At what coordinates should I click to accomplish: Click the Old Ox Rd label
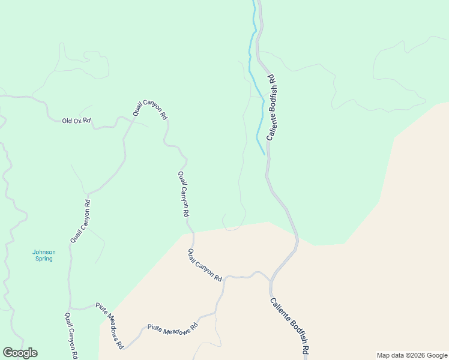coord(76,121)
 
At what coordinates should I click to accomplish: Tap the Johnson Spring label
coord(44,255)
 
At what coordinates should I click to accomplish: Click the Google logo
coord(20,353)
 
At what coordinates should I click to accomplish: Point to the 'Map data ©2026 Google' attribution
coord(412,355)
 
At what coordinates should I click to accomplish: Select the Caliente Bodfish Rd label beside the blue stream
coord(271,108)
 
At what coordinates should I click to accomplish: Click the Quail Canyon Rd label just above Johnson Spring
coord(80,221)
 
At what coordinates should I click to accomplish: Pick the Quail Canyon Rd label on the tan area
coord(205,265)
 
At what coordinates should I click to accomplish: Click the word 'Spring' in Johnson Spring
coord(44,259)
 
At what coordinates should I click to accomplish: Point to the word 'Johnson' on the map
coord(44,251)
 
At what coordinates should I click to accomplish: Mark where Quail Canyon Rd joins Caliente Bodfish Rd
coord(271,280)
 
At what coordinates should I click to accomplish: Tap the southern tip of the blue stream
coord(264,154)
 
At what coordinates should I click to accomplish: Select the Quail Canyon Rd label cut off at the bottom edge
coord(71,335)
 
